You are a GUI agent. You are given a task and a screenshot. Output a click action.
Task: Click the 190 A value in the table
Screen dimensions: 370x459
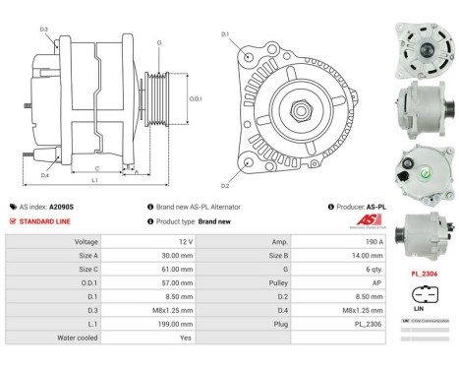pos(343,240)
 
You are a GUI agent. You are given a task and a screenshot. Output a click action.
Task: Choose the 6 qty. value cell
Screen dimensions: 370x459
pos(343,268)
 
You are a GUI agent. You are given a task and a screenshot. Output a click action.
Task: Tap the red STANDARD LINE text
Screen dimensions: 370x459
pos(46,221)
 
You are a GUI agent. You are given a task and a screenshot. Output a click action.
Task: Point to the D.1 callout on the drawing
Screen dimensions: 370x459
pos(225,35)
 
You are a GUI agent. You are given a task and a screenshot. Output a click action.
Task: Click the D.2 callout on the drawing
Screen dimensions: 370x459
pos(225,185)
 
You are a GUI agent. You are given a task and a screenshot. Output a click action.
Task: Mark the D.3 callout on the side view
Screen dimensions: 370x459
pos(44,30)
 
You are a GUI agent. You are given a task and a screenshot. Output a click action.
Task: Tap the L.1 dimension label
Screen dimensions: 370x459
pos(94,180)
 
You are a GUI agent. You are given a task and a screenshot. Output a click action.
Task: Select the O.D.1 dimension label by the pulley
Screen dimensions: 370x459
pos(195,97)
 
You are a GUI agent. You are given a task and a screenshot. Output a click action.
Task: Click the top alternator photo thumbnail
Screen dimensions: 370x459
pos(425,44)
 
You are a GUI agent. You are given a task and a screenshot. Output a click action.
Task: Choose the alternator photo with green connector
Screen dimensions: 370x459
pos(425,165)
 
